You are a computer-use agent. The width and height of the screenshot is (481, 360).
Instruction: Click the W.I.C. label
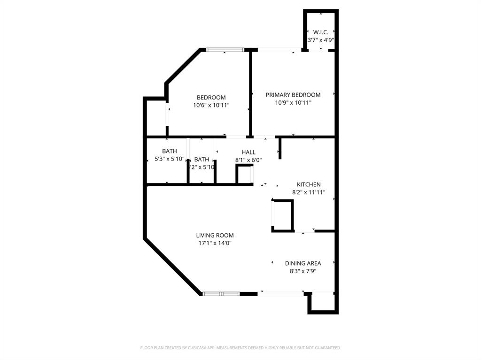tap(320, 32)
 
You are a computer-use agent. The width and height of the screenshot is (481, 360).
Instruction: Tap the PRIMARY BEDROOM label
tap(293, 95)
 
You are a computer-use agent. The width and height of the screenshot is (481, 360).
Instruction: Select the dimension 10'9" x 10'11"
tap(293, 102)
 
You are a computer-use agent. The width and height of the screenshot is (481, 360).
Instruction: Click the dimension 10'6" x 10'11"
tap(211, 106)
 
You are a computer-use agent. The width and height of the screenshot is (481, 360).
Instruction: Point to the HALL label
tap(248, 152)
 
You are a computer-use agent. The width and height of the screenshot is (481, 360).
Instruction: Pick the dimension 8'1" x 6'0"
tap(248, 160)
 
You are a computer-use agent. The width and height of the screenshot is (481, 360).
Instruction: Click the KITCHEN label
tap(309, 184)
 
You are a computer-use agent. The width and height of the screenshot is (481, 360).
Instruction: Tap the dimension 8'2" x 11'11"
tap(309, 192)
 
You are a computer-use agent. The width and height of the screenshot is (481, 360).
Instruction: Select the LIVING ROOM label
tap(215, 235)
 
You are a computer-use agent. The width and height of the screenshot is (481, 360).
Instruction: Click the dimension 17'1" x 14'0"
tap(215, 243)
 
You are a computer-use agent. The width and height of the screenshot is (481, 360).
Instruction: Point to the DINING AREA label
tap(303, 263)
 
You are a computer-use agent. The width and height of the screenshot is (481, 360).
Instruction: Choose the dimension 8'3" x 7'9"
tap(303, 271)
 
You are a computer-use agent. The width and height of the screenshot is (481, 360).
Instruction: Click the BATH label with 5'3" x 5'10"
tap(170, 151)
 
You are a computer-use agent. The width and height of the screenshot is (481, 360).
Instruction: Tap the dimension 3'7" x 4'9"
tap(320, 40)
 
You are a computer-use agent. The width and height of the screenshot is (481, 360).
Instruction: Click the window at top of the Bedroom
tap(225, 49)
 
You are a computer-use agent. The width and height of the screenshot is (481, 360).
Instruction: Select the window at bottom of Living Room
tap(221, 294)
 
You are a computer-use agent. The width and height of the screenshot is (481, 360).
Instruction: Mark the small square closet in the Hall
tap(244, 175)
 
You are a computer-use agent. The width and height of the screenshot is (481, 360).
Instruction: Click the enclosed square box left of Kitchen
tap(282, 215)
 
